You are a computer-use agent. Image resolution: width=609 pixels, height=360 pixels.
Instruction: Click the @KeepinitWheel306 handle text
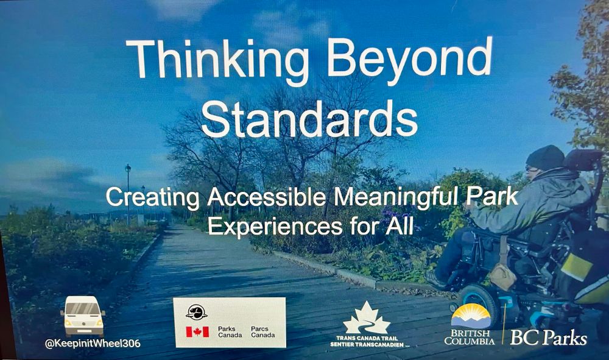tap(92, 344)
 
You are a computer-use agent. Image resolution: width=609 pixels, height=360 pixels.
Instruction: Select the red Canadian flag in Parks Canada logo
tap(197, 331)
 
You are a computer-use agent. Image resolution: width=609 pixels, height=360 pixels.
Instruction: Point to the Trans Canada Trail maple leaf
tap(366, 318)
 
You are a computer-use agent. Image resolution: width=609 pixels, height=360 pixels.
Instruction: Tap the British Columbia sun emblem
tap(470, 316)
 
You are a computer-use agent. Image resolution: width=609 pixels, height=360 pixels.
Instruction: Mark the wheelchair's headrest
tap(582, 160)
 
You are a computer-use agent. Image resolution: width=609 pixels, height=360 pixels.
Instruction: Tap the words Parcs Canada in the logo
tap(262, 332)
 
